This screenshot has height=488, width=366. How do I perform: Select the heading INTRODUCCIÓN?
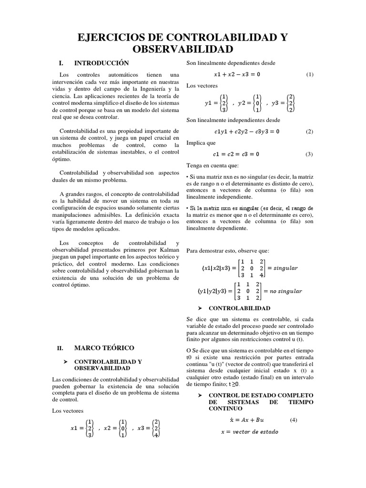(102, 63)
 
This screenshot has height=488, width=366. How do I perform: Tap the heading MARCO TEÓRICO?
(104, 348)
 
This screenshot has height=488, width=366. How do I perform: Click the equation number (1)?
(310, 74)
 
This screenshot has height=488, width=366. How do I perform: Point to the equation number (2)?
(310, 131)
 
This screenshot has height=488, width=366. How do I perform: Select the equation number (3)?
(310, 154)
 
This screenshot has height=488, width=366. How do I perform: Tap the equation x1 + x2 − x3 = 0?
(237, 74)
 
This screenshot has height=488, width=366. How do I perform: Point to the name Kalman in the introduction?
(170, 250)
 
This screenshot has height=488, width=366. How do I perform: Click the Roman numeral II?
(60, 349)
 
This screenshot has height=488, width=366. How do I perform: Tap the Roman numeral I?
(61, 63)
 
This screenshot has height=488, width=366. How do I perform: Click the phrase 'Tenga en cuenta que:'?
(212, 165)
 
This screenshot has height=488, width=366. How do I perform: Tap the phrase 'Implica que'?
(201, 142)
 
